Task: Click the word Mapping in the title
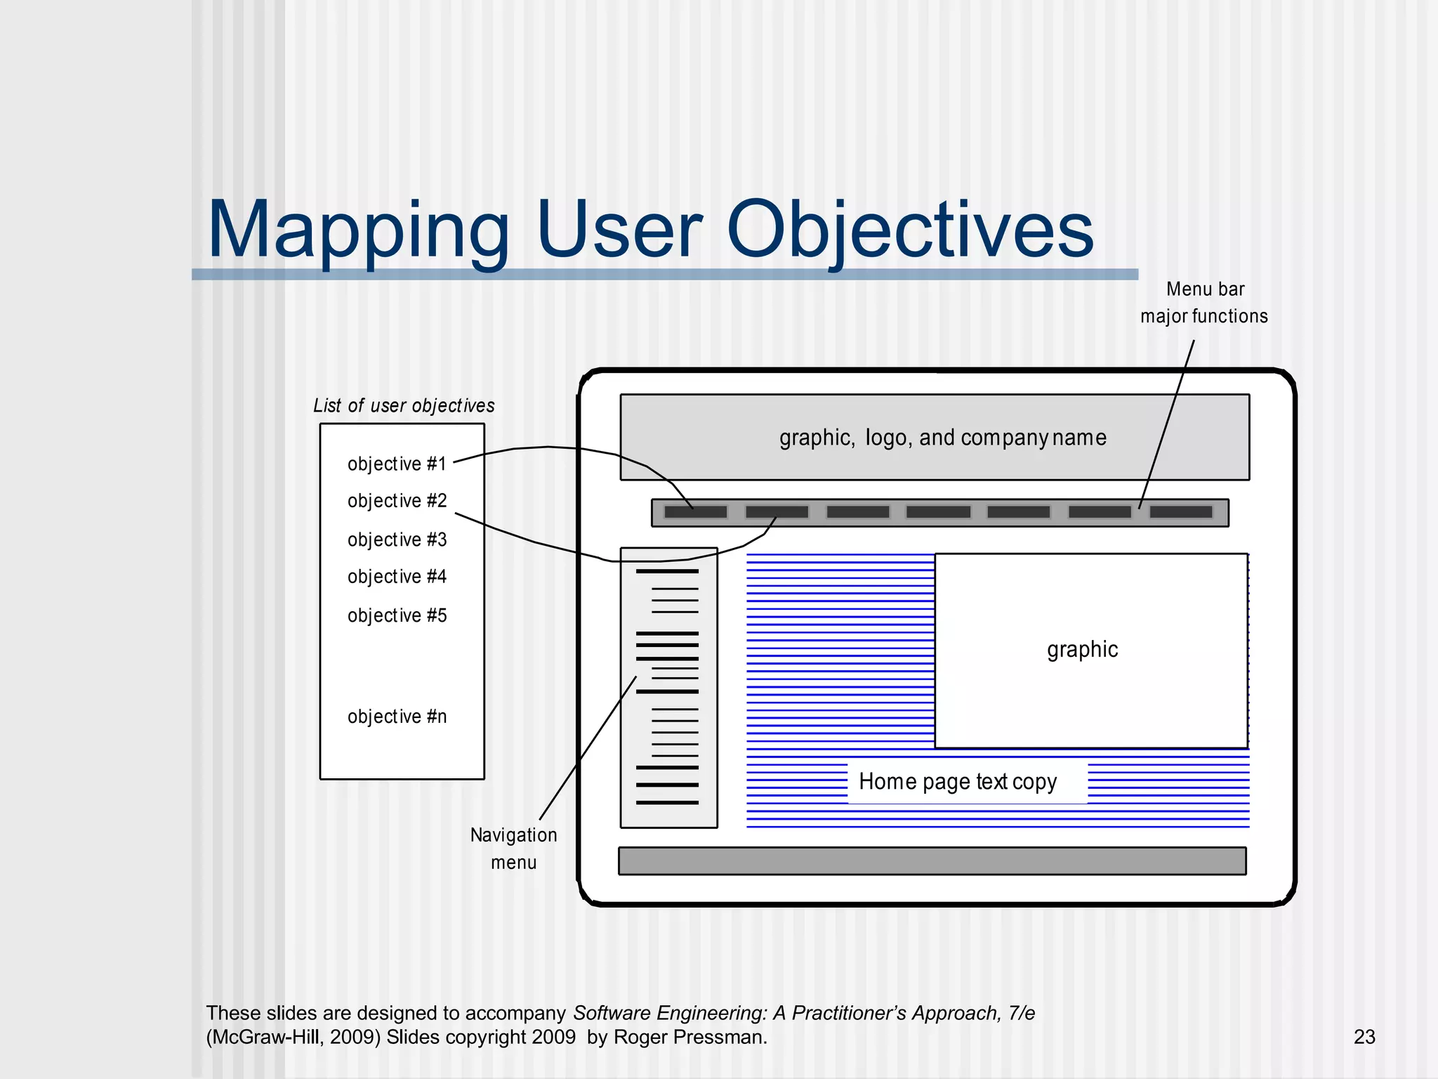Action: (x=358, y=230)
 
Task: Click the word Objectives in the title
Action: (x=909, y=230)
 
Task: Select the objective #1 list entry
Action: (x=397, y=464)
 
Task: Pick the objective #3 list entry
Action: (x=397, y=539)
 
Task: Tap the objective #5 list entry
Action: (x=397, y=615)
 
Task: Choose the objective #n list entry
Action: (x=397, y=717)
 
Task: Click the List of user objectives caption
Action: (x=404, y=405)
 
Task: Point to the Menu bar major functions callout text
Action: (x=1204, y=303)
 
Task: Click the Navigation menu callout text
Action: (x=513, y=848)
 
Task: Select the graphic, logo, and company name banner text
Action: (x=942, y=438)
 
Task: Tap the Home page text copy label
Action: (x=958, y=781)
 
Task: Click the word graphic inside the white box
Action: (x=1082, y=649)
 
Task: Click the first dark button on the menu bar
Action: (x=695, y=512)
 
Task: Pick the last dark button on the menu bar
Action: (x=1181, y=512)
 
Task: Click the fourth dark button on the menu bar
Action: (x=938, y=512)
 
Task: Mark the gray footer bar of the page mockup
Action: (x=932, y=861)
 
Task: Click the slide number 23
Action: (x=1364, y=1037)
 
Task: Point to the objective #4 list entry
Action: (x=397, y=577)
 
